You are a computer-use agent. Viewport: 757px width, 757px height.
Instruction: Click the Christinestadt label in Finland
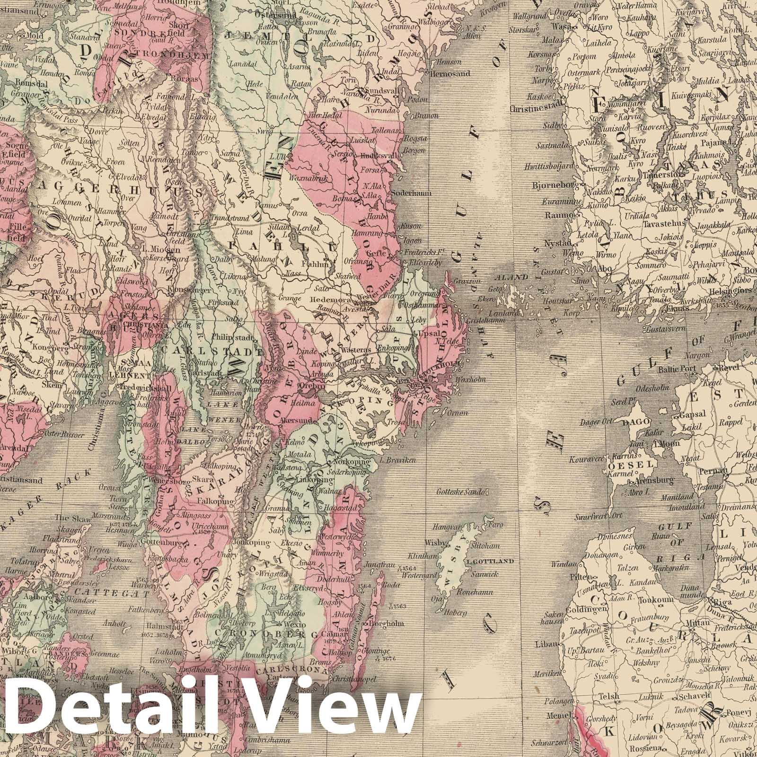pos(536,107)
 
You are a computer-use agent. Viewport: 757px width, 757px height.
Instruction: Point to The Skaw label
pos(66,517)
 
